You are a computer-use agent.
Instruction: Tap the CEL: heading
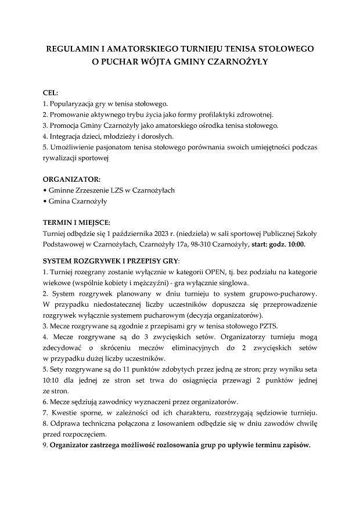[51, 93]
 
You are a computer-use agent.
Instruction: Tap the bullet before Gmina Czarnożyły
[45, 202]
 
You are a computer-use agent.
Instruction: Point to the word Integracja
[67, 136]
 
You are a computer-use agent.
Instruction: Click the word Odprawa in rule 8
[64, 424]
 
